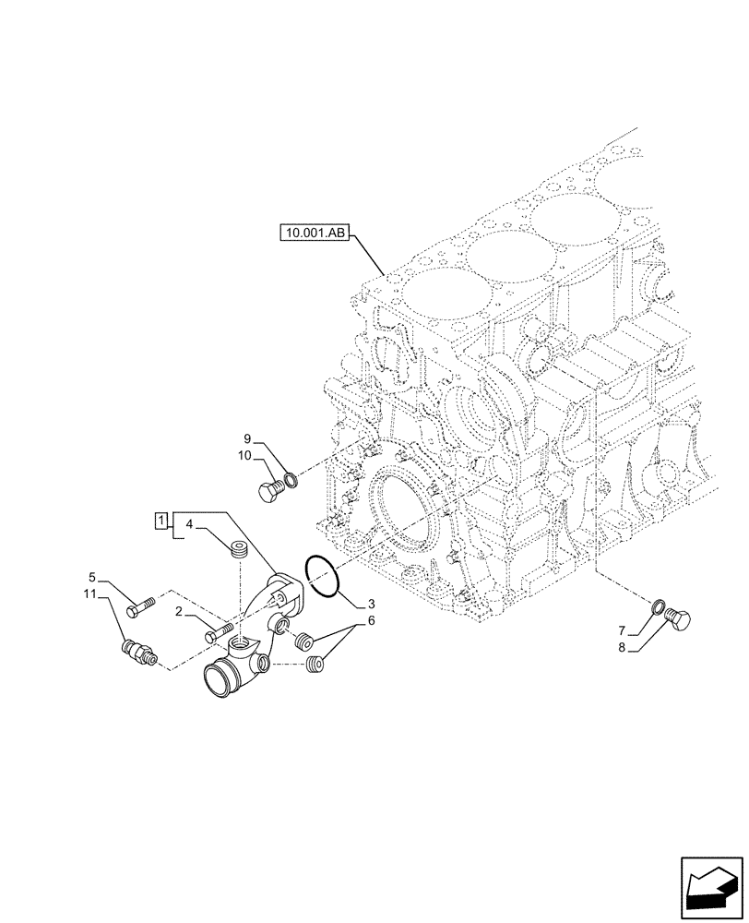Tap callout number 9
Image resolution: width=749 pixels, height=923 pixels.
click(248, 438)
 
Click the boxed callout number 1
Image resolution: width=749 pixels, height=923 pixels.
click(160, 523)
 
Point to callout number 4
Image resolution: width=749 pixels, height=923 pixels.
click(188, 525)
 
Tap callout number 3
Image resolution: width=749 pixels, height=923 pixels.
click(370, 604)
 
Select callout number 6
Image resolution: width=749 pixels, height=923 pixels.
click(372, 622)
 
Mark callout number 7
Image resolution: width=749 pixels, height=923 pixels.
click(622, 629)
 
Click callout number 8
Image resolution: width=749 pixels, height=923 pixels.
click(622, 648)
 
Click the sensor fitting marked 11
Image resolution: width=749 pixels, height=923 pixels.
click(138, 653)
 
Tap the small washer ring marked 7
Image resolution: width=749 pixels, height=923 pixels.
click(658, 607)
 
